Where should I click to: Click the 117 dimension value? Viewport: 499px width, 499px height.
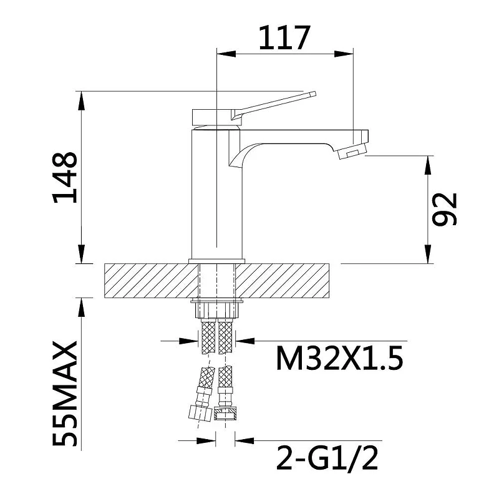pos(284,38)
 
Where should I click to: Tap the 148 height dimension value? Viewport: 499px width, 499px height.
pos(65,178)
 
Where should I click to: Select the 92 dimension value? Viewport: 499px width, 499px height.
pos(444,210)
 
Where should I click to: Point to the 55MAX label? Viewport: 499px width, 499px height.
pos(65,394)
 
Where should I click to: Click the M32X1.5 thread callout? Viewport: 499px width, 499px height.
pos(339,358)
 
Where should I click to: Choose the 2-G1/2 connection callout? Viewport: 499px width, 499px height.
pos(327,458)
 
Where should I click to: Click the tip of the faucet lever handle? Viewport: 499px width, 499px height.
pos(315,94)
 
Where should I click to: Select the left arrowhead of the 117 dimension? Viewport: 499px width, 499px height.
pos(226,54)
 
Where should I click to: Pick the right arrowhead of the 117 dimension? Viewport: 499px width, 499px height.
pos(344,54)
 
